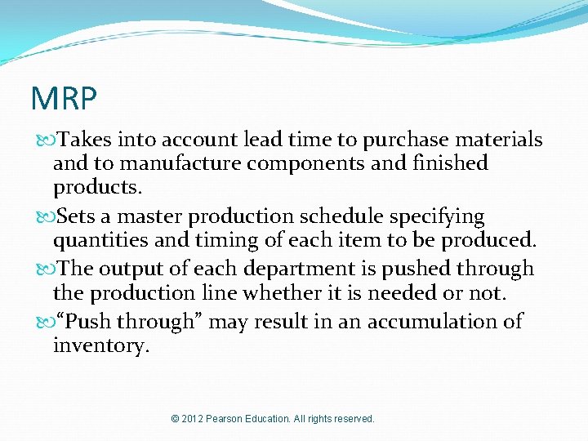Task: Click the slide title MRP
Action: (64, 99)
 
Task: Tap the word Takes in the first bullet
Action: (84, 140)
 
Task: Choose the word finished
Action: (446, 163)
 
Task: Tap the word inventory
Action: (100, 345)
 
